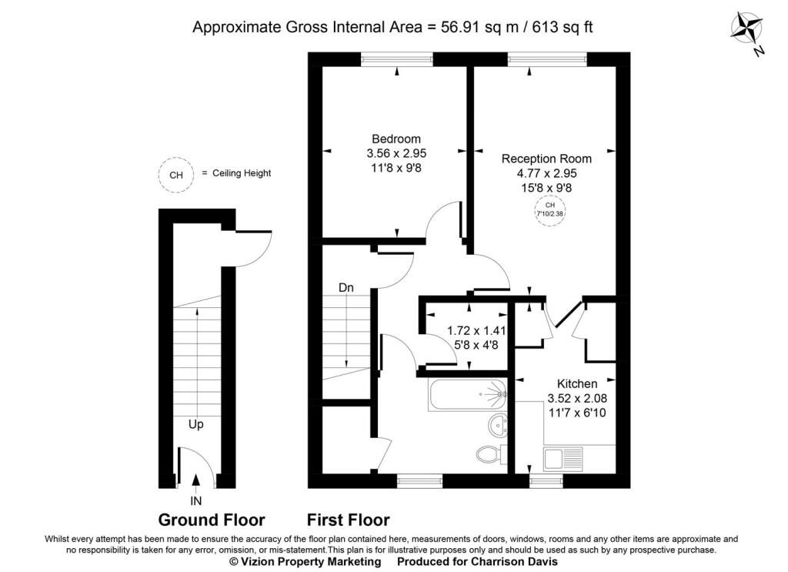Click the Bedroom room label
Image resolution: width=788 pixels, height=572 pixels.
(396, 139)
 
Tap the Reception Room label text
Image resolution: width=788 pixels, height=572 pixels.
(546, 159)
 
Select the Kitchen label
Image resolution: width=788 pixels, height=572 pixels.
(577, 383)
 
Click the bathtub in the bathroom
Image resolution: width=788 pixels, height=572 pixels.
(466, 394)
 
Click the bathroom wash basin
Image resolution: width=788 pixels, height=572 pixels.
(499, 423)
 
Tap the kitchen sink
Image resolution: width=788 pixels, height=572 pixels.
(555, 460)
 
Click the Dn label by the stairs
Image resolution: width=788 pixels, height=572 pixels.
(346, 287)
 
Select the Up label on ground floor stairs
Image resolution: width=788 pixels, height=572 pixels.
(197, 423)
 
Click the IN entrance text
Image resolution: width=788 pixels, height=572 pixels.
(195, 500)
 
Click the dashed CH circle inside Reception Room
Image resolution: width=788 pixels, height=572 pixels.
(549, 209)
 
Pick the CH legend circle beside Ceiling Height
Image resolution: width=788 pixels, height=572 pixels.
(175, 175)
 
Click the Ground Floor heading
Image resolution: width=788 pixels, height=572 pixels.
(212, 520)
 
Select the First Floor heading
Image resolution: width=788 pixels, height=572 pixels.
(349, 520)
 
